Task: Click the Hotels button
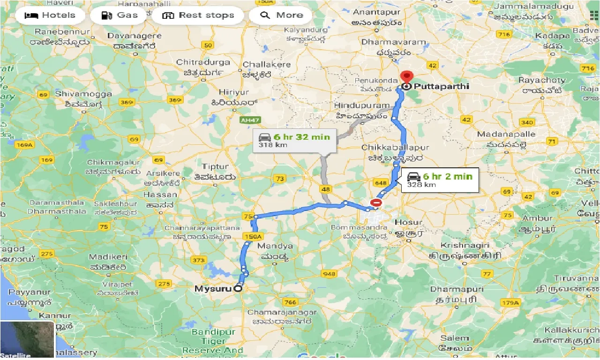pos(50,15)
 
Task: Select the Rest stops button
pos(198,15)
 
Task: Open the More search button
pos(280,15)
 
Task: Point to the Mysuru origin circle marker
pos(238,289)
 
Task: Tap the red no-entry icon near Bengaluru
pos(376,202)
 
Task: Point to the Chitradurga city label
pos(203,62)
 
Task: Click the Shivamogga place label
pos(83,94)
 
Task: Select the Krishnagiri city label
pos(465,245)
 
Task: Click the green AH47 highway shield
pos(249,120)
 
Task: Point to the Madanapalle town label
pos(506,134)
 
